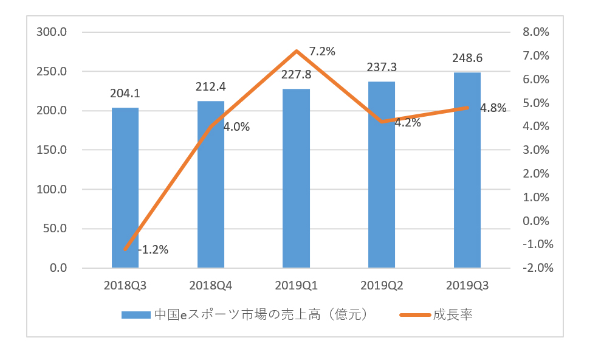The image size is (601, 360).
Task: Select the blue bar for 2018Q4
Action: click(211, 195)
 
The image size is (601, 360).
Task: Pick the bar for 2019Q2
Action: click(382, 195)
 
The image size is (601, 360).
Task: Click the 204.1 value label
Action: click(125, 94)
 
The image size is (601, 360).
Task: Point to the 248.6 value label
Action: click(467, 58)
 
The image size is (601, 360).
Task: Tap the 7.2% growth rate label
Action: click(322, 52)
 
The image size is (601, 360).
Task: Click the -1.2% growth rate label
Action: click(153, 249)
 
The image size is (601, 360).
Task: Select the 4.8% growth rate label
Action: click(493, 108)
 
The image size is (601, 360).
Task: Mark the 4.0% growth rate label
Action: click(236, 127)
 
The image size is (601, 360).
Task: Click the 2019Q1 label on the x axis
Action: click(297, 285)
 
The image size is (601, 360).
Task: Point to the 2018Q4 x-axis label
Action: click(211, 285)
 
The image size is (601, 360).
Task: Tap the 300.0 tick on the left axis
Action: click(52, 32)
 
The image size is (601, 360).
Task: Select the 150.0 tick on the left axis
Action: click(52, 150)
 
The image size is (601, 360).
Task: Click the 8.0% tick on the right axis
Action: click(535, 32)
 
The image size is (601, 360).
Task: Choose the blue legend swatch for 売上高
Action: click(135, 315)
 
